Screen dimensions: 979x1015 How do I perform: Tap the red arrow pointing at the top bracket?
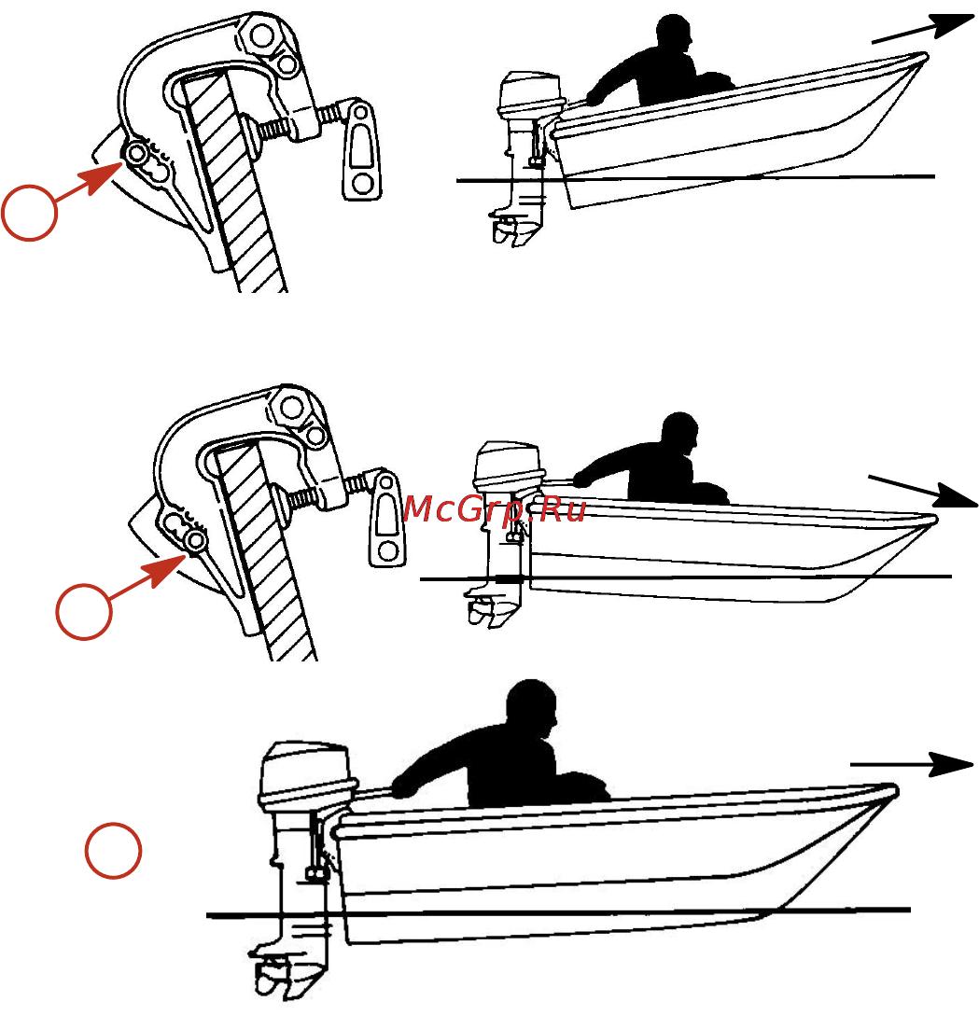[x=89, y=181]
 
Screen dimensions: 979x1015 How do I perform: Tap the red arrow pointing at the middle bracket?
[x=147, y=577]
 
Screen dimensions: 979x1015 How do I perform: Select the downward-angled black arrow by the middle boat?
[x=923, y=492]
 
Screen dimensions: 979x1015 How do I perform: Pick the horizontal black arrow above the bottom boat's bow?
[x=912, y=764]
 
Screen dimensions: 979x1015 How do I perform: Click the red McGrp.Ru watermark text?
[x=494, y=508]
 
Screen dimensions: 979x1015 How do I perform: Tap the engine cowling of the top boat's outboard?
[x=532, y=95]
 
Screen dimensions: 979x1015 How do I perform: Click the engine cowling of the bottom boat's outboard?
[x=308, y=774]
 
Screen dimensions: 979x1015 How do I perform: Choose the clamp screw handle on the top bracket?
[x=360, y=149]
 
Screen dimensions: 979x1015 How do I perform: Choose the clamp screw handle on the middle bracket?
[x=387, y=518]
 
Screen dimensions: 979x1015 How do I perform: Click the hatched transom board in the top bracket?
[x=233, y=181]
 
